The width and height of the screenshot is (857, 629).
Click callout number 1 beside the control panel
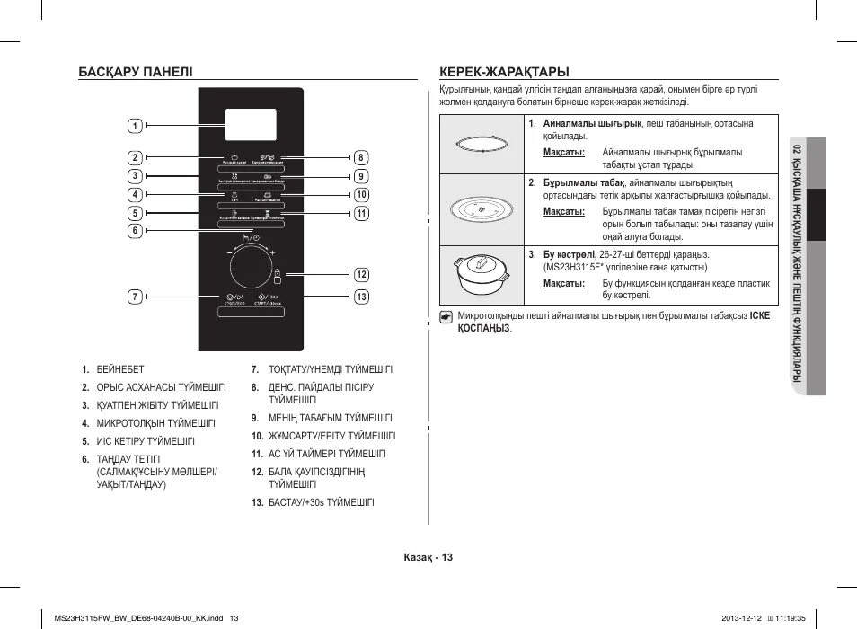point(134,125)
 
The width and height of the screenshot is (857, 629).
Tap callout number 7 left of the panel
point(134,296)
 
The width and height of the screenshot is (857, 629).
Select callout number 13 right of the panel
point(362,296)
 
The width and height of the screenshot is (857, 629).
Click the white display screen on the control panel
point(252,126)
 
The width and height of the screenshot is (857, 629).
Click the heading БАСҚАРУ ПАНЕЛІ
point(135,71)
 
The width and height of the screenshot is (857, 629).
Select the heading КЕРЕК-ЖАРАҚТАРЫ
point(504,71)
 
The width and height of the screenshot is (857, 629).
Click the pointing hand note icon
point(446,316)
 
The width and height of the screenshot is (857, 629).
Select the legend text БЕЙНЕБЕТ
point(120,369)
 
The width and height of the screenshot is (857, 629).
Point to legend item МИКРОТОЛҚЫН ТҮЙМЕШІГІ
point(155,423)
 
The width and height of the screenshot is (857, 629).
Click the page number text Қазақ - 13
point(428,557)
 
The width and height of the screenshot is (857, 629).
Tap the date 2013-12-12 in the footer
point(741,617)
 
